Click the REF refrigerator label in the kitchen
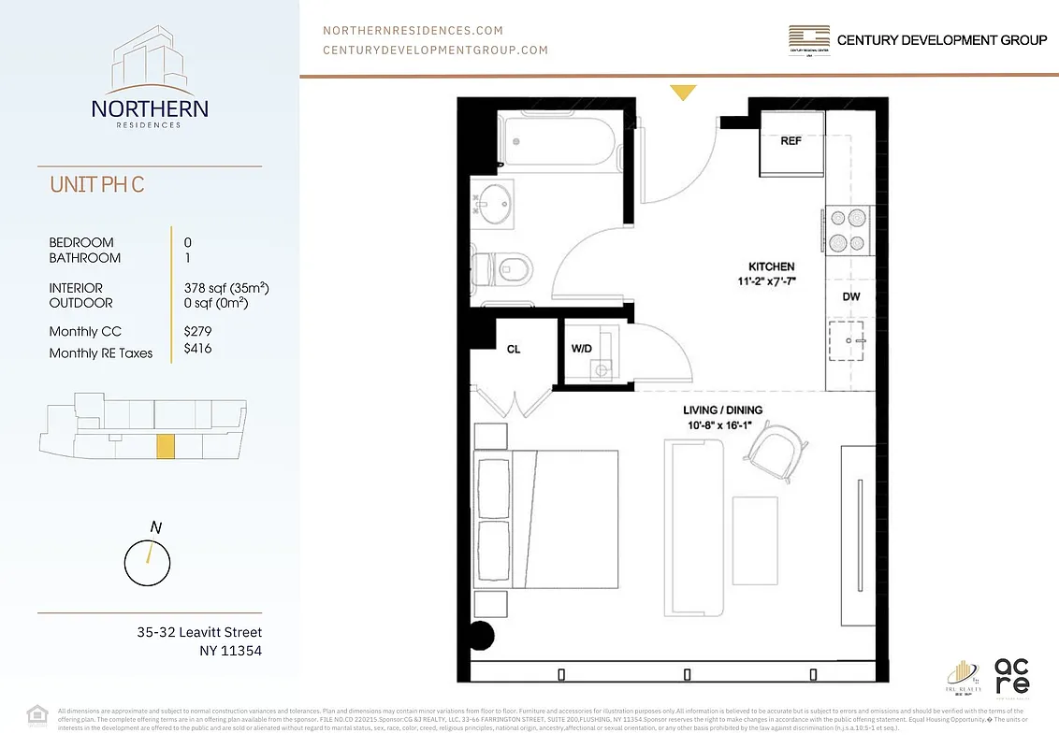pyautogui.click(x=791, y=141)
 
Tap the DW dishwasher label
pyautogui.click(x=850, y=296)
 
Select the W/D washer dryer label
pyautogui.click(x=581, y=349)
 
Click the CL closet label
pyautogui.click(x=514, y=349)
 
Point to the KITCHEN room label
pyautogui.click(x=771, y=266)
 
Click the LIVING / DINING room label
pyautogui.click(x=723, y=410)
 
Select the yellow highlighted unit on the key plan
pyautogui.click(x=165, y=446)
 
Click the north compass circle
pyautogui.click(x=147, y=562)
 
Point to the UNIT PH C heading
pyautogui.click(x=97, y=184)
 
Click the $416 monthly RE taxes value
pyautogui.click(x=197, y=347)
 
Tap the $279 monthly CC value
pyautogui.click(x=197, y=331)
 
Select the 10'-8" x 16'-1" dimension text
pyautogui.click(x=723, y=426)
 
